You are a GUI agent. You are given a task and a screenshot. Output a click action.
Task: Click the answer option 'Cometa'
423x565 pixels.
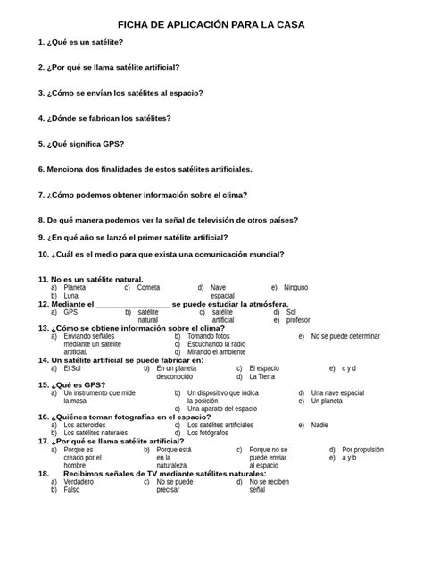click(x=149, y=288)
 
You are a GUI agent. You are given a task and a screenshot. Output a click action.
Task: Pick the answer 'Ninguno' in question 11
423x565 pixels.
click(x=295, y=288)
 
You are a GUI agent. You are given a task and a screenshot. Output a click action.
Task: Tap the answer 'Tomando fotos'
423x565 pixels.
click(x=209, y=336)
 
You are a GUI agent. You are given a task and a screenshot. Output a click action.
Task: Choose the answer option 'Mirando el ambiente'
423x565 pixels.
click(x=216, y=352)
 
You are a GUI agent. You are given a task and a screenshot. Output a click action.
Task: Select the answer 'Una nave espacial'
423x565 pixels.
click(x=337, y=392)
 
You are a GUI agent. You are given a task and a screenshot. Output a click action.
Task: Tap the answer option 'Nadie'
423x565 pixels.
click(x=319, y=425)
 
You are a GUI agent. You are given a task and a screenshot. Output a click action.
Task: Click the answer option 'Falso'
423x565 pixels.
click(x=72, y=490)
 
